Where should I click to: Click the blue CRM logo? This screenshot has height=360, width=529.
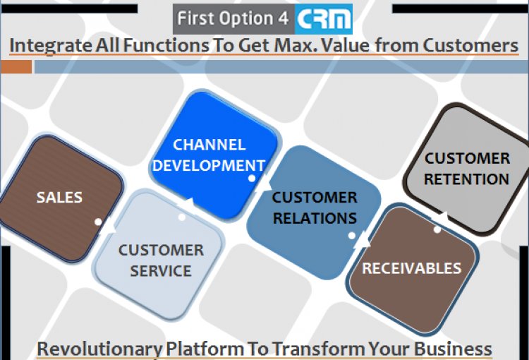(324, 19)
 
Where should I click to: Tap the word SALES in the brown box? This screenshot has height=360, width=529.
(59, 197)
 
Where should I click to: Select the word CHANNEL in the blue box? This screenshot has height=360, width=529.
(209, 145)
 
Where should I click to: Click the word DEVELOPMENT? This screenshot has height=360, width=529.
(209, 165)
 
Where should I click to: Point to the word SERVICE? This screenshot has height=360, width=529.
(161, 271)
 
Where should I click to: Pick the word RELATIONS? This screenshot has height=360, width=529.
(315, 218)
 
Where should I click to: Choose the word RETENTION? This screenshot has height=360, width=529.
(467, 179)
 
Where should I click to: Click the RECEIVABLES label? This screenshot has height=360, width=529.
(412, 268)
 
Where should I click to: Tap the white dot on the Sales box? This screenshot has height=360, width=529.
(98, 222)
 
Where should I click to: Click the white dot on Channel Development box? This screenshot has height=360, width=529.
(252, 179)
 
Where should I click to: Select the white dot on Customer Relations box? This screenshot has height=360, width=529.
(351, 236)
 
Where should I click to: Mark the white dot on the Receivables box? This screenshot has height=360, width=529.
(437, 229)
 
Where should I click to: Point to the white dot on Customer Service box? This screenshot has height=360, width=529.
(182, 217)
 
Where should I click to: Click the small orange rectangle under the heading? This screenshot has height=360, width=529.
(16, 67)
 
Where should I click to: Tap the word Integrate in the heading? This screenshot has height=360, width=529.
(51, 46)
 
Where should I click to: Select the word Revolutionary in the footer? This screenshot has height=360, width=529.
(99, 349)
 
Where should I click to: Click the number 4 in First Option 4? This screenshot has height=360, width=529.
(284, 18)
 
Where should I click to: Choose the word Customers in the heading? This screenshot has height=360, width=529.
(470, 45)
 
